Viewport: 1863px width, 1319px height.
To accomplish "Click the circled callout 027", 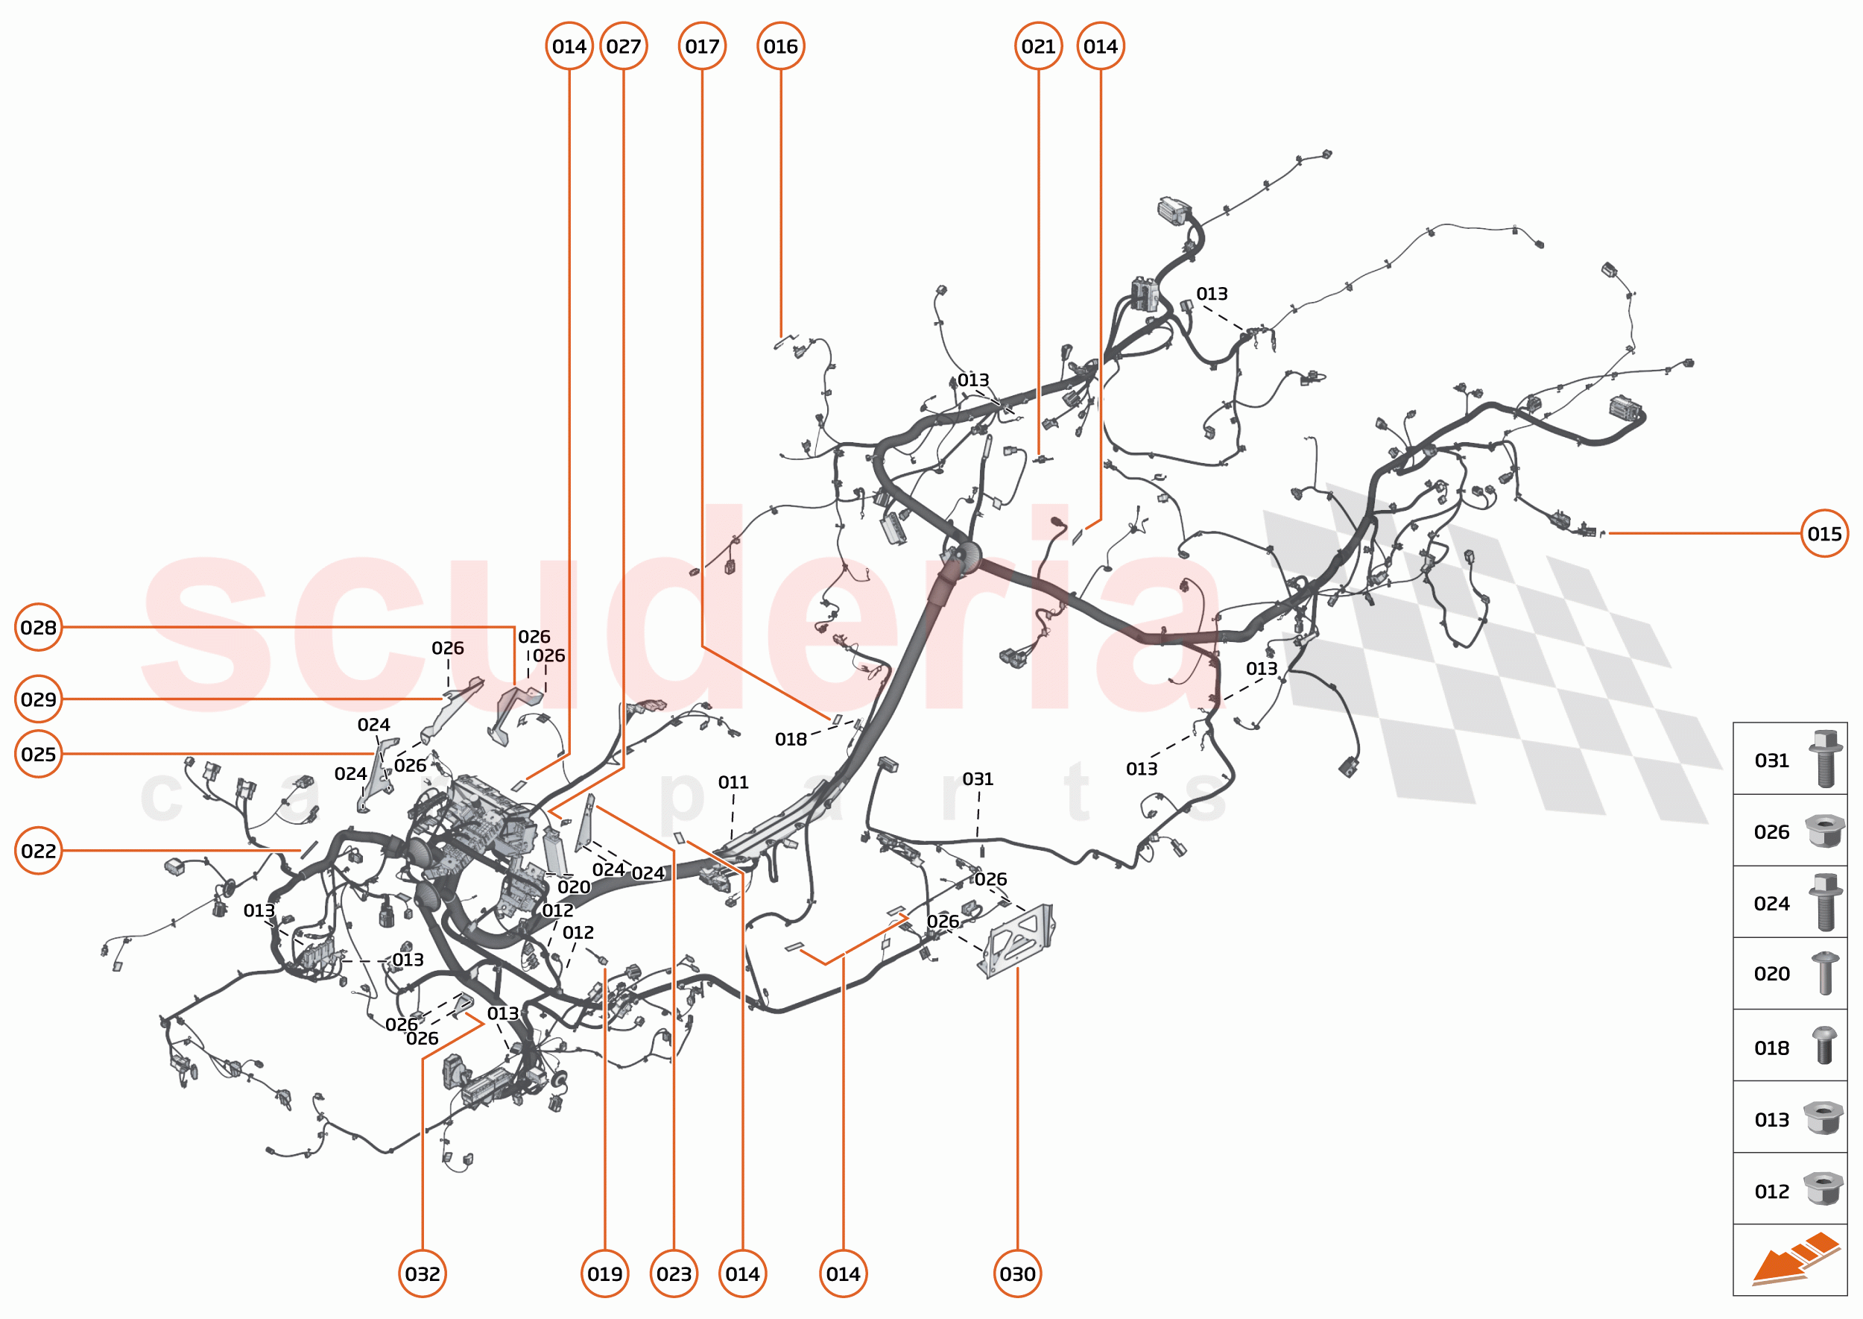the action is (x=624, y=46).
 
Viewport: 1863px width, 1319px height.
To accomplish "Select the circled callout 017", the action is (x=702, y=46).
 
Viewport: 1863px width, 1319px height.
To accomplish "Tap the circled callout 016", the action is (x=781, y=46).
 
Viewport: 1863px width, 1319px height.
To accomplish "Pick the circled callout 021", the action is (x=1038, y=46).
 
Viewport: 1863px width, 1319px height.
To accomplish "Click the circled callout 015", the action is (x=1824, y=534).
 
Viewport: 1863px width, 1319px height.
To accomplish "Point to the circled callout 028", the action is (x=39, y=627).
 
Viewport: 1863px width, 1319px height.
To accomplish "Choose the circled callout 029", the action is (x=39, y=699).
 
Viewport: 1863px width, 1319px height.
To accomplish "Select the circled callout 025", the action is (x=39, y=755).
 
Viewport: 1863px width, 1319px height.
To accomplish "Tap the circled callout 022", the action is (x=39, y=851).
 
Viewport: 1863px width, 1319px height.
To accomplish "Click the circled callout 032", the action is (x=422, y=1274).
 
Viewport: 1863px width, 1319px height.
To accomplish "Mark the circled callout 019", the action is (x=605, y=1274).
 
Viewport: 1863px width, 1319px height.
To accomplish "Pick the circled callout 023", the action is (x=674, y=1274).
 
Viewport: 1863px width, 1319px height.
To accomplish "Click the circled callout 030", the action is (x=1017, y=1274).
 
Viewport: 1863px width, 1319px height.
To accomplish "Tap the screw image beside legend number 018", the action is (x=1824, y=1046).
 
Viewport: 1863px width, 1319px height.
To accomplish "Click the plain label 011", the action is (x=733, y=782).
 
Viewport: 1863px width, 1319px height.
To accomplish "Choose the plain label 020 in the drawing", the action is (x=574, y=887).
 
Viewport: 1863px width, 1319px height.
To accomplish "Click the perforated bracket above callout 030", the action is (x=1019, y=939).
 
